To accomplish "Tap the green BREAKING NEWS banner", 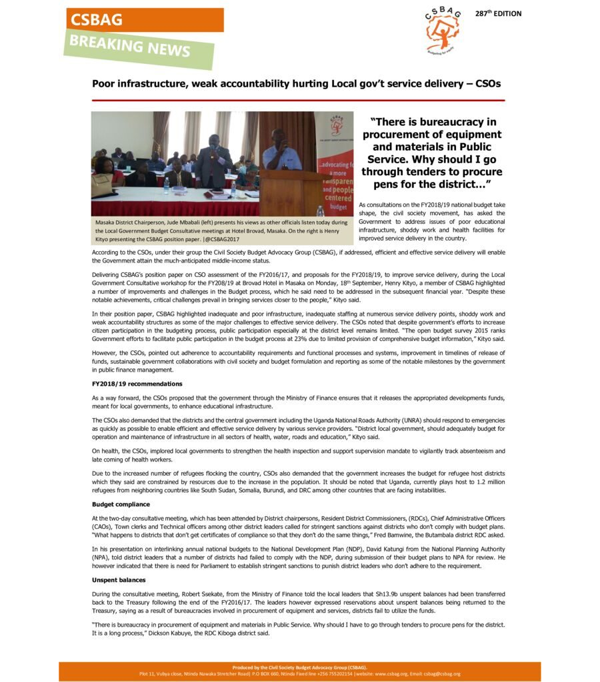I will pos(139,47).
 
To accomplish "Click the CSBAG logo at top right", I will pos(442,30).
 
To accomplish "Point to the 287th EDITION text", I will pos(498,13).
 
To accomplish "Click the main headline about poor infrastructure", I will pos(296,84).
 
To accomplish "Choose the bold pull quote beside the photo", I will pos(431,153).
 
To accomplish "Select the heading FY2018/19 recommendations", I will pos(137,384).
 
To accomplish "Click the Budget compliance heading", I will pos(121,504).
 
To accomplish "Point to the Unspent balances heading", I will pos(119,580).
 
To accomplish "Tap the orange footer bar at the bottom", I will pos(299,671).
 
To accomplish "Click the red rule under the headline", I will pos(298,100).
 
